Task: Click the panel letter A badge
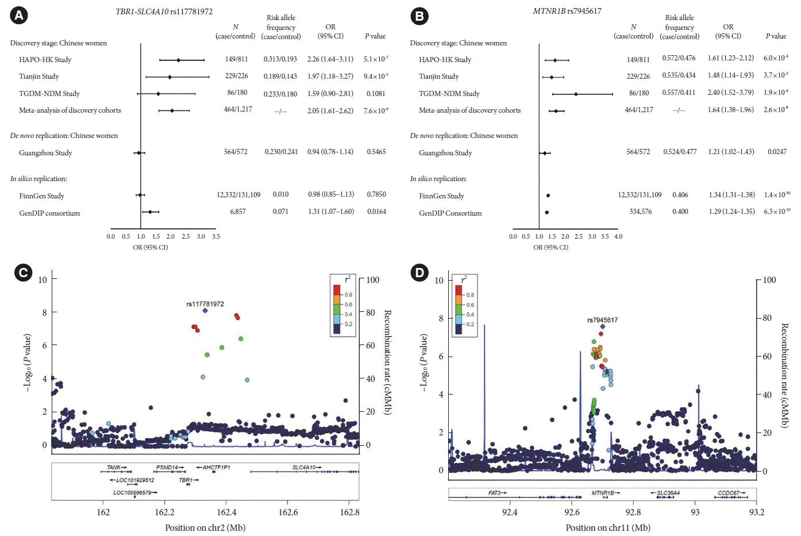coord(19,16)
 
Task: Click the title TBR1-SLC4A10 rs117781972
coord(164,12)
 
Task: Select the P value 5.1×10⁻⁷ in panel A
coord(376,59)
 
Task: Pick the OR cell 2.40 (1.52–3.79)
coord(730,93)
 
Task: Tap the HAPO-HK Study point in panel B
coord(555,60)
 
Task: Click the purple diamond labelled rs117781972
coord(205,311)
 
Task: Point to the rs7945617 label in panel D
coord(602,320)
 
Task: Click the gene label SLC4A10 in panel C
coord(305,468)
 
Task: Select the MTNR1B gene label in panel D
coord(603,493)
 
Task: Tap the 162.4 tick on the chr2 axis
coord(226,512)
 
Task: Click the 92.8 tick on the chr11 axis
coord(633,512)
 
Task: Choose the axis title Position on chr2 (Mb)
coord(205,528)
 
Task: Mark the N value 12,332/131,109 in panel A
coord(238,195)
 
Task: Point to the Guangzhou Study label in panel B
coord(445,153)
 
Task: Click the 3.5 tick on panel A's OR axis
coord(216,236)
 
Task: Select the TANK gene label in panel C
coord(114,468)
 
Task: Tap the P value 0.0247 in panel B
coord(777,152)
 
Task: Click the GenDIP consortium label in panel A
coord(49,213)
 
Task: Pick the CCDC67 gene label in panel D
coord(729,493)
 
